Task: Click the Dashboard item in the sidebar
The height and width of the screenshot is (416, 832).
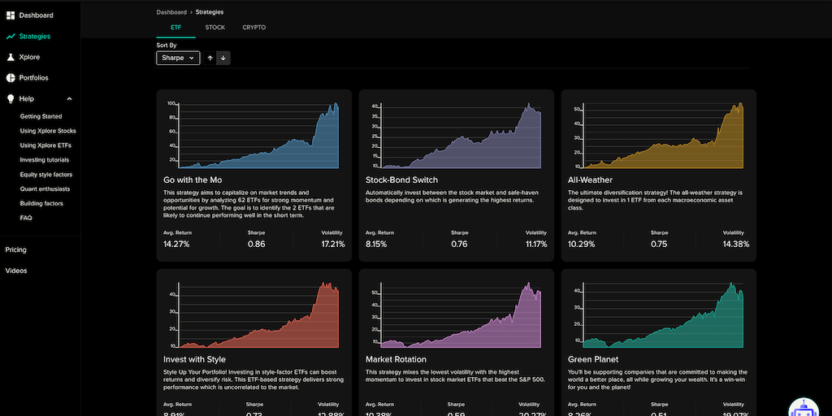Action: coord(36,15)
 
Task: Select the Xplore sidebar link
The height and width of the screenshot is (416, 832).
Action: coord(29,58)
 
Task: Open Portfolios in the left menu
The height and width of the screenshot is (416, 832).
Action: coord(33,78)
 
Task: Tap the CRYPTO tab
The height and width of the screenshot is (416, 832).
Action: coord(253,28)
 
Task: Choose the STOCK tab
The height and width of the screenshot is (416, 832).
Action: coord(214,28)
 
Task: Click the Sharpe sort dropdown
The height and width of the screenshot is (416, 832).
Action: coord(178,58)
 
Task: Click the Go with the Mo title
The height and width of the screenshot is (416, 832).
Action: coord(193,180)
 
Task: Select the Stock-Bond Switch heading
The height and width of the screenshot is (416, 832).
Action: coord(401,180)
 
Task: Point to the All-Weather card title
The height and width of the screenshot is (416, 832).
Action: coord(591,180)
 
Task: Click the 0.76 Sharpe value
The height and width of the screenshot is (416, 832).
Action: coord(459,244)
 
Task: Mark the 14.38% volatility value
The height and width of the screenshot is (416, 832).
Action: coord(735,244)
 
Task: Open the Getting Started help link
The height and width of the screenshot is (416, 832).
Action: coord(41,116)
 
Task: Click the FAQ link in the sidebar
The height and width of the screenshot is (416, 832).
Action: coord(27,219)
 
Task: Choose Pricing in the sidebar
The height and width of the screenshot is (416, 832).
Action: coord(16,250)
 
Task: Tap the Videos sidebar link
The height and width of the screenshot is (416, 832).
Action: coord(16,271)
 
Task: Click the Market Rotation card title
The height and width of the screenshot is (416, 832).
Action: coord(396,359)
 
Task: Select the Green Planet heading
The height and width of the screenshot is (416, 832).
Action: coord(594,359)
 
